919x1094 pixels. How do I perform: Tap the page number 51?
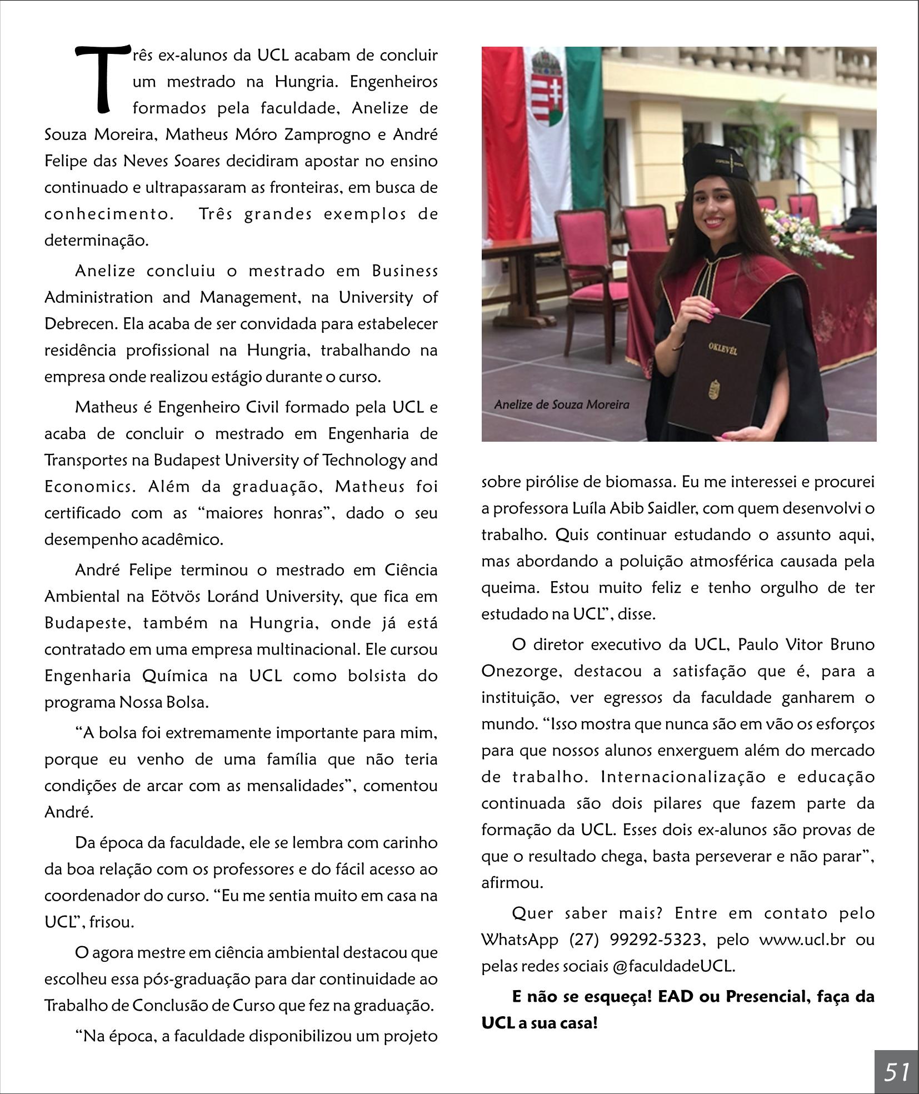(897, 1072)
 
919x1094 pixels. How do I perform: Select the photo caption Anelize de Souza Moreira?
(561, 404)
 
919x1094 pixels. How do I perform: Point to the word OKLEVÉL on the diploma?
(722, 348)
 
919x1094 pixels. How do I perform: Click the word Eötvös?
(177, 597)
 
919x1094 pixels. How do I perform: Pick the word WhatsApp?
(520, 940)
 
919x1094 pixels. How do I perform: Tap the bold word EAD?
(676, 997)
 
